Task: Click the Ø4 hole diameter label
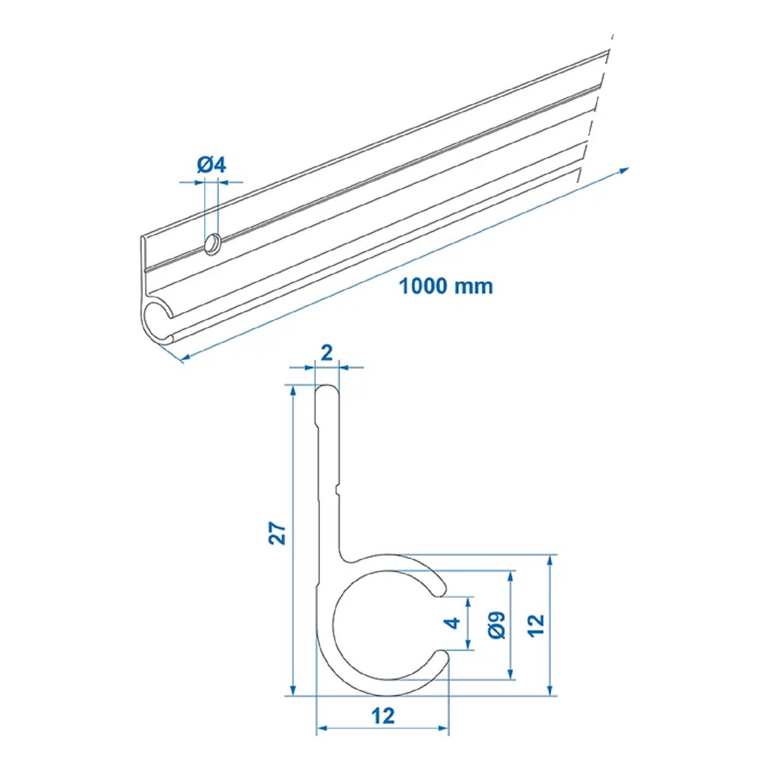211,165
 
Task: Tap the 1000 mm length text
446,286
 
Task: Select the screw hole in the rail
212,243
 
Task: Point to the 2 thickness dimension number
326,353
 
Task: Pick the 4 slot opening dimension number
453,623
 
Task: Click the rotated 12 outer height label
536,625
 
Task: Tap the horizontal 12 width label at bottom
383,716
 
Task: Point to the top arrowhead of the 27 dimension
293,391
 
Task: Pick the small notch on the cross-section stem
337,490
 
